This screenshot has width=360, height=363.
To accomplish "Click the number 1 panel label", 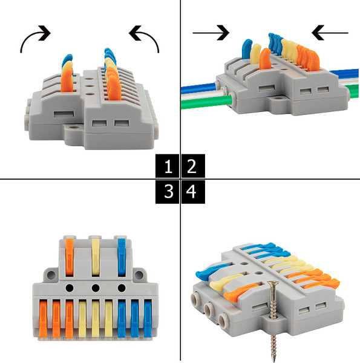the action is pyautogui.click(x=167, y=166).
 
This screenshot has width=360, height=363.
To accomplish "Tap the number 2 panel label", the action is pyautogui.click(x=193, y=166).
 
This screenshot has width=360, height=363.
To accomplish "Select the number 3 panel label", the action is pyautogui.click(x=167, y=192).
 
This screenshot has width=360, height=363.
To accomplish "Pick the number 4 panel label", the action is pyautogui.click(x=193, y=192).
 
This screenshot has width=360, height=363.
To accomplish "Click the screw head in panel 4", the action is pyautogui.click(x=273, y=283).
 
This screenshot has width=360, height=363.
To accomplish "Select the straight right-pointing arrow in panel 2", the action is pyautogui.click(x=211, y=33).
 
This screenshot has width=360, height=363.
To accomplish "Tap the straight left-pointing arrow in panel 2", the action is pyautogui.click(x=330, y=33).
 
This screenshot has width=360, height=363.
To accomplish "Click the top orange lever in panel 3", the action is pyautogui.click(x=70, y=257).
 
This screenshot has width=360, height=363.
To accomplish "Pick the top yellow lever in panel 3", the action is pyautogui.click(x=96, y=257).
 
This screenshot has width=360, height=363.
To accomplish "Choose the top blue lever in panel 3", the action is pyautogui.click(x=122, y=257).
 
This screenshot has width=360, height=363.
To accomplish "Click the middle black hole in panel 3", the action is pyautogui.click(x=96, y=288).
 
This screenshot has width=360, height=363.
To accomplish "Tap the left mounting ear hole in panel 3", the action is pyautogui.click(x=51, y=275).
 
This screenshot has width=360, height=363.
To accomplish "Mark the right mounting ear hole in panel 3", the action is pyautogui.click(x=139, y=275).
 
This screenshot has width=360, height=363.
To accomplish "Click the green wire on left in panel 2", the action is pyautogui.click(x=206, y=103).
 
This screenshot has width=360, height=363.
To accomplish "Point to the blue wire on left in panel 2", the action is pyautogui.click(x=199, y=88).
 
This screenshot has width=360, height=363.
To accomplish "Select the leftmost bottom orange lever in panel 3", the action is pyautogui.click(x=43, y=318).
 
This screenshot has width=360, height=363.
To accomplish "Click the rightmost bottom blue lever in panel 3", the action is pyautogui.click(x=148, y=318).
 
